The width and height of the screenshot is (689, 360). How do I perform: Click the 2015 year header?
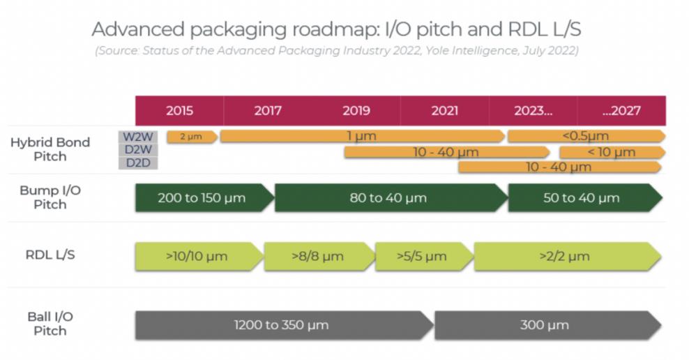[179, 111]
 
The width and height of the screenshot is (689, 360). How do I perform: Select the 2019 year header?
[356, 111]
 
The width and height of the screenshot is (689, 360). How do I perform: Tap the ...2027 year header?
[621, 111]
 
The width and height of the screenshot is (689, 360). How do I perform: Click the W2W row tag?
[137, 137]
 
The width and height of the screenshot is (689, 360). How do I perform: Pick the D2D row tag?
[137, 163]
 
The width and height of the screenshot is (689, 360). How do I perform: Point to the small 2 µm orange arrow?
[191, 137]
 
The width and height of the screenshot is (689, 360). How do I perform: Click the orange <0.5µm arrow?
[585, 137]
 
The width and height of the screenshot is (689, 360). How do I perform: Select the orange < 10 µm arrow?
[612, 152]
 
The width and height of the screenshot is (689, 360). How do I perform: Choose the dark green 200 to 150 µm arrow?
[202, 198]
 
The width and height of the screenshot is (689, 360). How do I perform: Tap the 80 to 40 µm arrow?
[388, 198]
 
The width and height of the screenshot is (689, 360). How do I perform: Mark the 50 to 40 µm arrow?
[582, 198]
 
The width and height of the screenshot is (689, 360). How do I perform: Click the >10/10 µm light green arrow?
[197, 256]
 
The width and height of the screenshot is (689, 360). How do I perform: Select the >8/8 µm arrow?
[318, 256]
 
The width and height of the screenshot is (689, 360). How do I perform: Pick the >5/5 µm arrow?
[423, 256]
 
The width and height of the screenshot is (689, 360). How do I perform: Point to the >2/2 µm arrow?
[565, 256]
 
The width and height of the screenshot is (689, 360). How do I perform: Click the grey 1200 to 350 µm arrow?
[282, 325]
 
